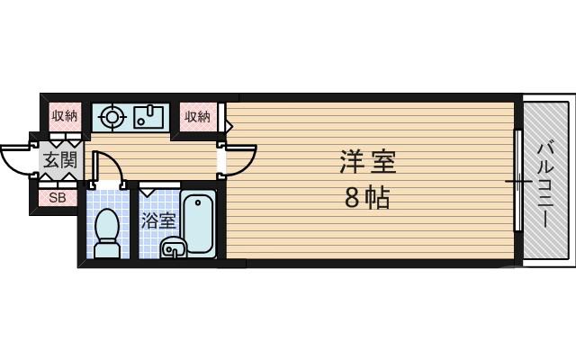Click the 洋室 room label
pyautogui.click(x=367, y=163)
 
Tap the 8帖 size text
pyautogui.click(x=367, y=198)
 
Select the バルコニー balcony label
pyautogui.click(x=546, y=184)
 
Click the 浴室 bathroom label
pyautogui.click(x=157, y=220)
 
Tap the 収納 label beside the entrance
pyautogui.click(x=65, y=115)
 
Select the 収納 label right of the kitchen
pyautogui.click(x=197, y=116)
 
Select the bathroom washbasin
pyautogui.click(x=172, y=247)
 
